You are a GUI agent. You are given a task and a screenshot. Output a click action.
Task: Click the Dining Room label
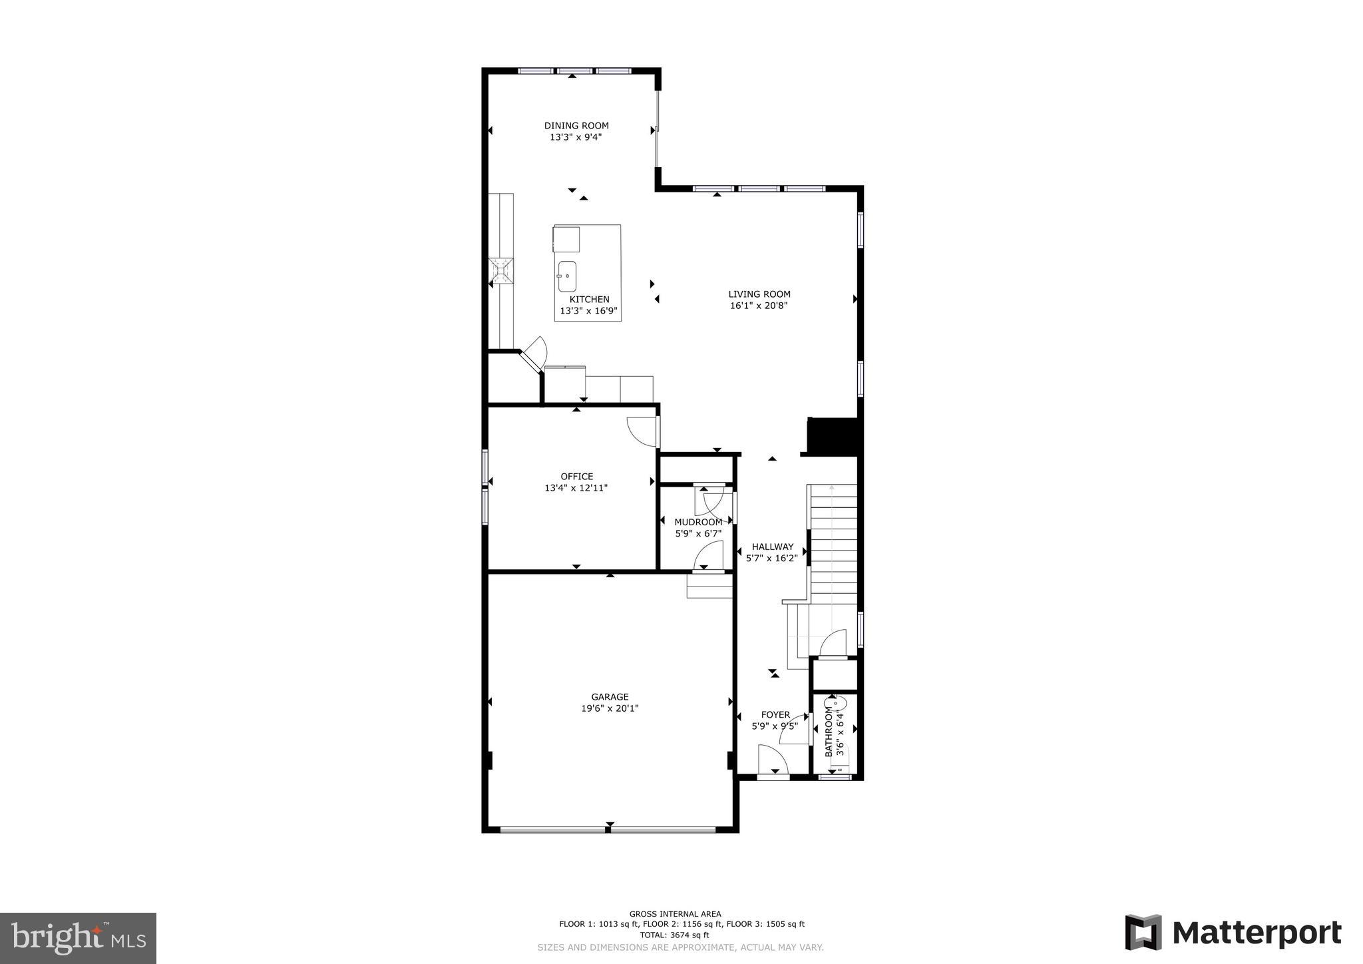576,125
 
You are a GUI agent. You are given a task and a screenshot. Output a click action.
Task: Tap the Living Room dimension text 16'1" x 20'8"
759,306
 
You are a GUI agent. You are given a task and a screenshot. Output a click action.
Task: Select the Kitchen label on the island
589,300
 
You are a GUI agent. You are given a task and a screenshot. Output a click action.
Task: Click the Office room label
576,476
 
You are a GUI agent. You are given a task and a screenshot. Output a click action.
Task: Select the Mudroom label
697,522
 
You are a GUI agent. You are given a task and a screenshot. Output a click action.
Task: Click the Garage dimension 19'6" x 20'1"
610,708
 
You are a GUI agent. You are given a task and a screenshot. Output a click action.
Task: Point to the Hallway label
772,547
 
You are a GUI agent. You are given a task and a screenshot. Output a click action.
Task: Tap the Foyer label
775,714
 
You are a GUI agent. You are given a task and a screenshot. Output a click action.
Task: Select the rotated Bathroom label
829,732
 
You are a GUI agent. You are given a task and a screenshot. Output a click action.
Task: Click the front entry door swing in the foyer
772,759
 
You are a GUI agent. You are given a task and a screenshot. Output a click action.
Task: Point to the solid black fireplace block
832,435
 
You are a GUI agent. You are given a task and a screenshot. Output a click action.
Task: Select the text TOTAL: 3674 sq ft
675,935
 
